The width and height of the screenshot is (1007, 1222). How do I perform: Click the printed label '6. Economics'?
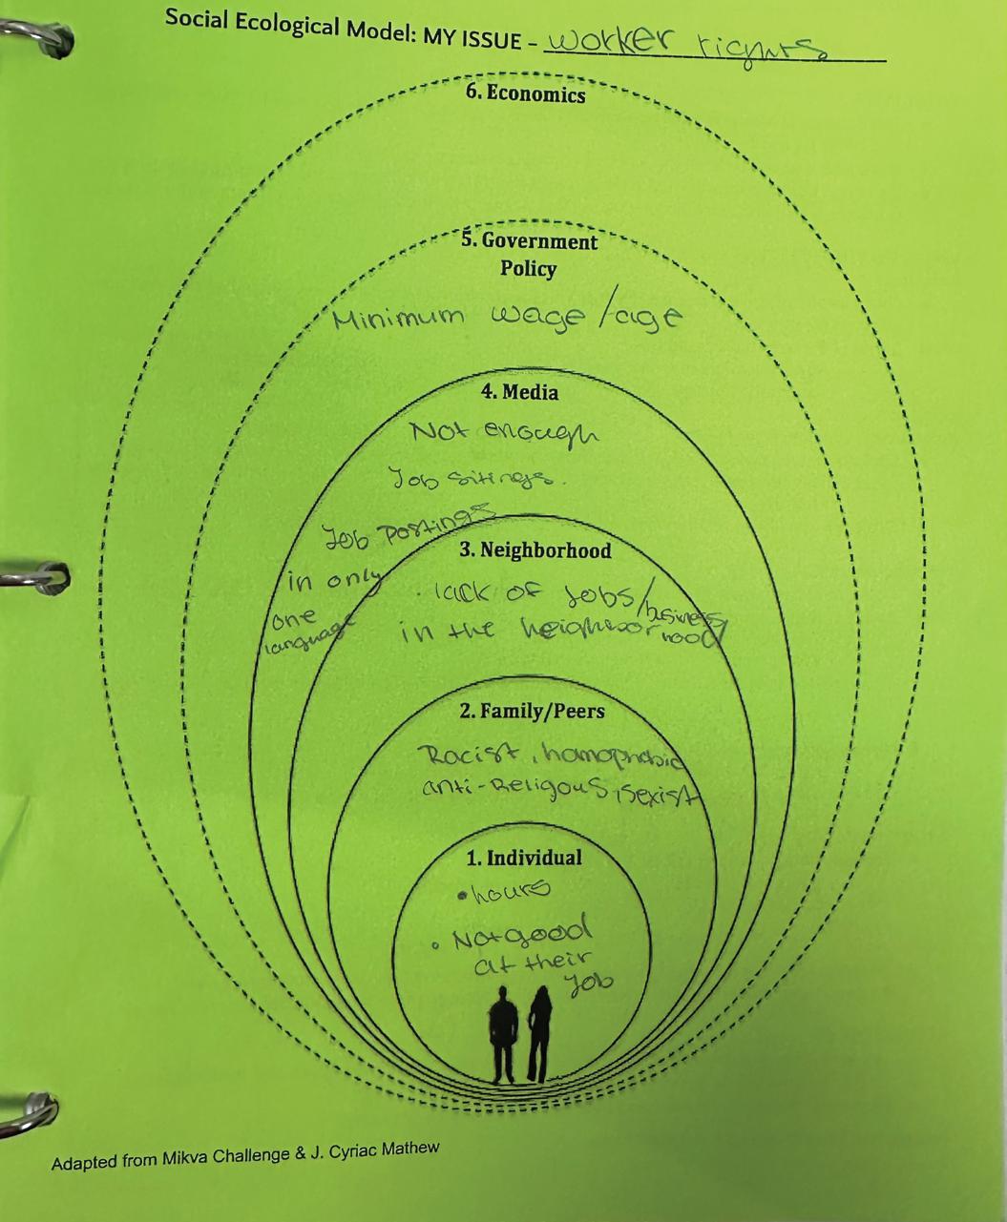(x=525, y=93)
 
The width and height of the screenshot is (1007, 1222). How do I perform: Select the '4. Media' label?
(x=519, y=392)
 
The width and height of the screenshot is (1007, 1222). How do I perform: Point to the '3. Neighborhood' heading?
(x=535, y=550)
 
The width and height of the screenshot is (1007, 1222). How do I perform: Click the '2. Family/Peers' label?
(x=532, y=711)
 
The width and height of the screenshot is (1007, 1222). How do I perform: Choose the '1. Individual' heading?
(x=524, y=858)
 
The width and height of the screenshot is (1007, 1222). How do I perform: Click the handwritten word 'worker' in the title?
(x=612, y=41)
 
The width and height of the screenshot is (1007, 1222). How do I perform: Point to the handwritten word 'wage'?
(x=538, y=318)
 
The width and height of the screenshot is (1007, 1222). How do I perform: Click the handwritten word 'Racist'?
(x=455, y=756)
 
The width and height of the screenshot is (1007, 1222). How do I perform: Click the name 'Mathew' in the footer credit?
(x=410, y=1149)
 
